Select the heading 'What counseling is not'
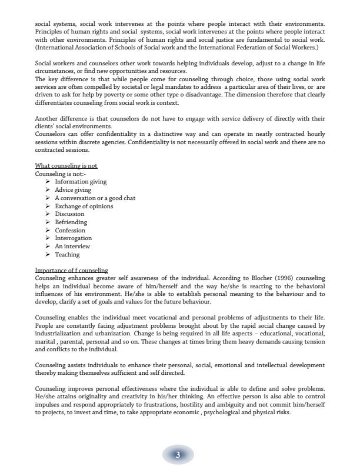[66, 166]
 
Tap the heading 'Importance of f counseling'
[71, 270]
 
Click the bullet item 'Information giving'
[81, 182]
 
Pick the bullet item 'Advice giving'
[73, 190]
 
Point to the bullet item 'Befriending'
[71, 222]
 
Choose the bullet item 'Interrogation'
[73, 238]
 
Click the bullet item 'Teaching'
[67, 255]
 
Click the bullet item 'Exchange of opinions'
[84, 206]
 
